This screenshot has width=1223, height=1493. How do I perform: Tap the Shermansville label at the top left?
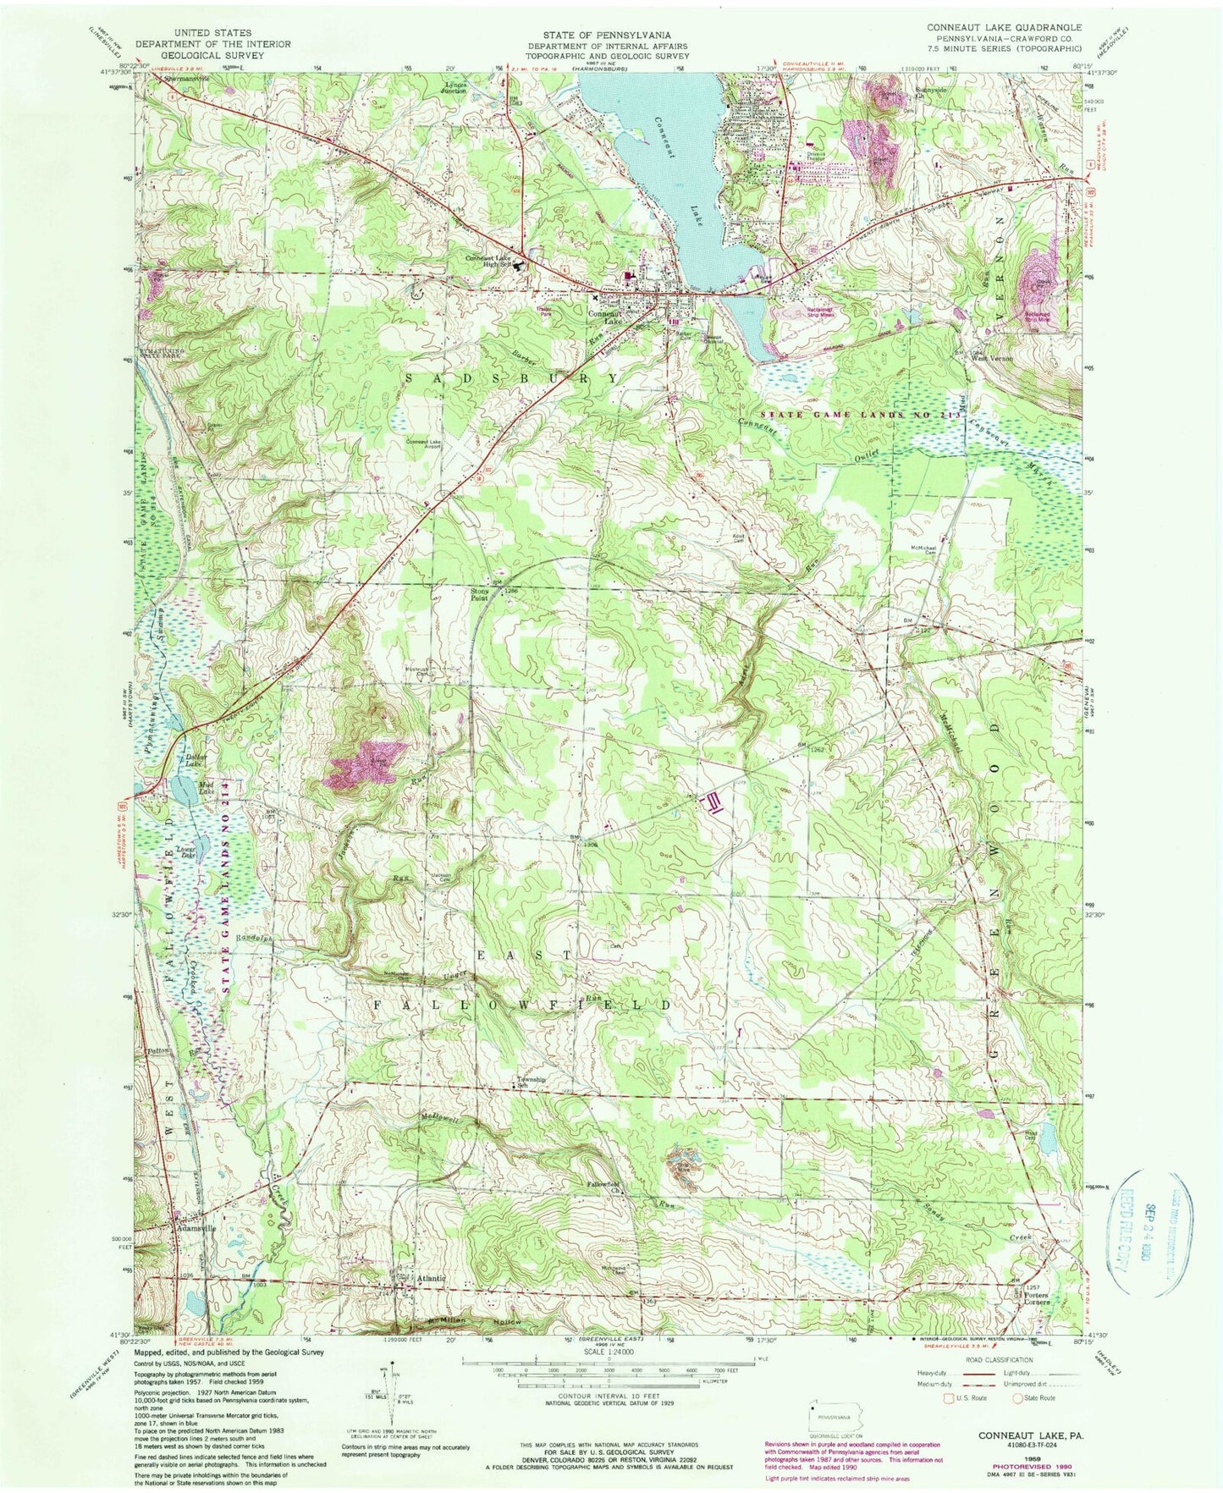coord(185,79)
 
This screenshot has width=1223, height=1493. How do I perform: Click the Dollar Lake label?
coord(196,760)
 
